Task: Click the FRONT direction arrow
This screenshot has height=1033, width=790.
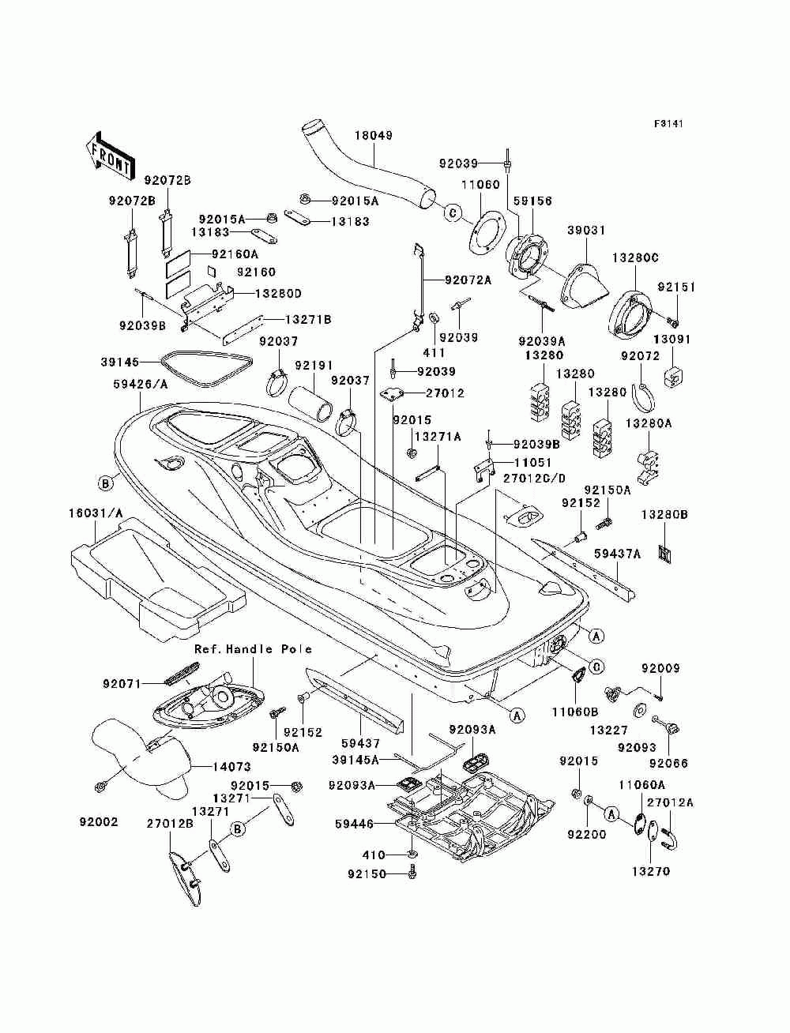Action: pyautogui.click(x=110, y=156)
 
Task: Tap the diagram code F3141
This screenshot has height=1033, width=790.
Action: pyautogui.click(x=668, y=124)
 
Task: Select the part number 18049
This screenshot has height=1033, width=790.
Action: pyautogui.click(x=374, y=136)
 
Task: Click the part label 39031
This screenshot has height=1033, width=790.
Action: pyautogui.click(x=585, y=231)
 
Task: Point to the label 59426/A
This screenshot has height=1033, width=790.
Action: pyautogui.click(x=141, y=385)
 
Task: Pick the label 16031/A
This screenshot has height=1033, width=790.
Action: pyautogui.click(x=96, y=513)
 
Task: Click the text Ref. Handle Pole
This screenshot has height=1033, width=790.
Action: pyautogui.click(x=254, y=649)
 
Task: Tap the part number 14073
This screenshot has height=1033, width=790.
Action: pyautogui.click(x=231, y=767)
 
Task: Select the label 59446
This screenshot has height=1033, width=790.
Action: pyautogui.click(x=355, y=824)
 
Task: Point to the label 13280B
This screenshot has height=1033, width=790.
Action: pyautogui.click(x=664, y=516)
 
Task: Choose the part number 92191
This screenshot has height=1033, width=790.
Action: pyautogui.click(x=314, y=366)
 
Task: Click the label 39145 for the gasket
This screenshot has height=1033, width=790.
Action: pyautogui.click(x=119, y=362)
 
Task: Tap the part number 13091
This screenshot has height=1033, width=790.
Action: pyautogui.click(x=671, y=340)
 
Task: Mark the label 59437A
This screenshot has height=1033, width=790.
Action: pyautogui.click(x=617, y=554)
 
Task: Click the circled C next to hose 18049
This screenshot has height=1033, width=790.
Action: pyautogui.click(x=453, y=213)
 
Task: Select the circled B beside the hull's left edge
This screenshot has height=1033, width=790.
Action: pyautogui.click(x=105, y=483)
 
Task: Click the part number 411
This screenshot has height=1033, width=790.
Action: pyautogui.click(x=434, y=352)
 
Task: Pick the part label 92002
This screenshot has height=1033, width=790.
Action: pyautogui.click(x=99, y=822)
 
